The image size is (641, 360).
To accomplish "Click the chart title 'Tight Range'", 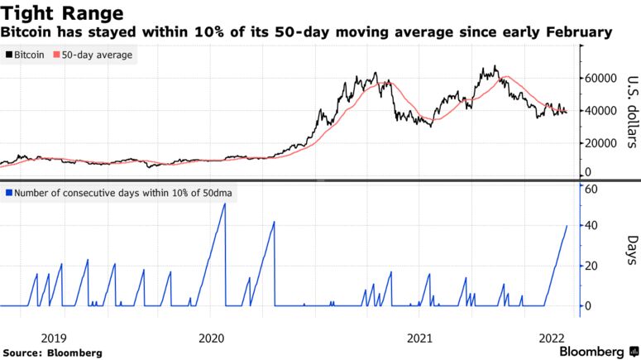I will click(64, 13).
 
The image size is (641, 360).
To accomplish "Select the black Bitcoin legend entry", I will click(27, 55).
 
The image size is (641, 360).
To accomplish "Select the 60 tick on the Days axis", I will click(591, 189).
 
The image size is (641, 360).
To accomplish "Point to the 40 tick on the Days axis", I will click(591, 225).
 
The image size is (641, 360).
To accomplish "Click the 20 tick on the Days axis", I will click(591, 266).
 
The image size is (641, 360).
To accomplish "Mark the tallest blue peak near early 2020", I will click(224, 204).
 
